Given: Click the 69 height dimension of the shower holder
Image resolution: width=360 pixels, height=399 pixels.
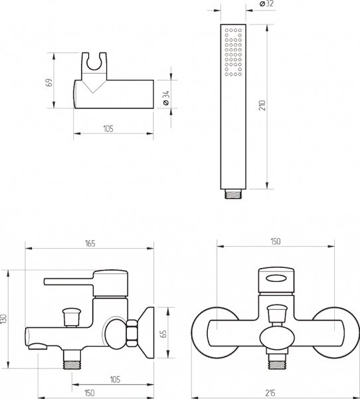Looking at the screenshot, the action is [x=50, y=82].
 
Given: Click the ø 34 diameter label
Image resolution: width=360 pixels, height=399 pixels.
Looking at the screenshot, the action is [x=166, y=98].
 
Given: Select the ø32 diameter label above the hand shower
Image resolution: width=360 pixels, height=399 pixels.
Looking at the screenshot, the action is [x=266, y=3].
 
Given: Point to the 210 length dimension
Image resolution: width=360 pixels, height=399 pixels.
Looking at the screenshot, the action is [x=262, y=105].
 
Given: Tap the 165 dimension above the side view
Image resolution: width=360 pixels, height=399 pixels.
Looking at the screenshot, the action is [x=90, y=243].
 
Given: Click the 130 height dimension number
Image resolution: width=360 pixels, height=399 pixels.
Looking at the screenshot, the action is [x=3, y=319].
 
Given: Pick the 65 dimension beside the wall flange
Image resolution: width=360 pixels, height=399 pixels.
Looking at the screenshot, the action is [x=164, y=334].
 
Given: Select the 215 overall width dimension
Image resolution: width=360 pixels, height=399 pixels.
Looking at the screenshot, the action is [x=270, y=394].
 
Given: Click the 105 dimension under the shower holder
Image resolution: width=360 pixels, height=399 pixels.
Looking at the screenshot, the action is [x=108, y=129].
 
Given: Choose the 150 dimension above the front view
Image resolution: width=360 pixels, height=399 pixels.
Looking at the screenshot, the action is [x=276, y=241].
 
